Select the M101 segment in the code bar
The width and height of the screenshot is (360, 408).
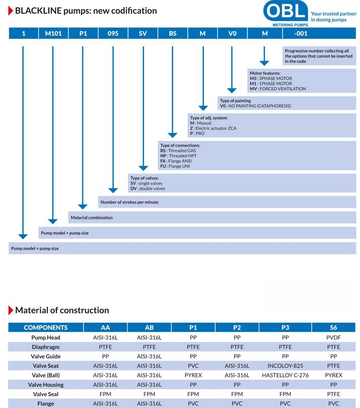(53, 33)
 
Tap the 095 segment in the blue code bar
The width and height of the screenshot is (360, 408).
(113, 33)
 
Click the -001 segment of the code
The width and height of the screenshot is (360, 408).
(301, 33)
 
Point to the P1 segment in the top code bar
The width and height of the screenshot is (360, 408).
(83, 33)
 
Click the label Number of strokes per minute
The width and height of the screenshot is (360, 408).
(129, 202)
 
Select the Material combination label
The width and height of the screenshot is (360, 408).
(92, 218)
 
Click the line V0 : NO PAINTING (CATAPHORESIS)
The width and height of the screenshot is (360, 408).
(255, 106)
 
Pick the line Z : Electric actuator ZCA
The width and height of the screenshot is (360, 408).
(213, 128)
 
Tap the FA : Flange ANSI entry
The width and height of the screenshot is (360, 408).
(176, 161)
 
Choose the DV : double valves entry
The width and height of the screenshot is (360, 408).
(148, 189)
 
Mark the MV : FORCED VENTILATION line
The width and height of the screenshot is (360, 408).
(278, 89)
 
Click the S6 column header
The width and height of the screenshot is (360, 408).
(334, 327)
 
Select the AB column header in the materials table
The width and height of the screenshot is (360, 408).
(149, 327)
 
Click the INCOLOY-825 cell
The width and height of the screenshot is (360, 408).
(285, 366)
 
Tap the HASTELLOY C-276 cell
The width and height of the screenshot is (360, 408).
(285, 375)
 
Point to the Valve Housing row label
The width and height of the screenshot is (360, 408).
(46, 385)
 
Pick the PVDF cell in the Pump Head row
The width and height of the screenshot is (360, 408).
(334, 337)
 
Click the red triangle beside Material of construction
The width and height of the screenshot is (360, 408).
(10, 310)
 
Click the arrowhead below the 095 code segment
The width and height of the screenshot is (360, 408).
(113, 190)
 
